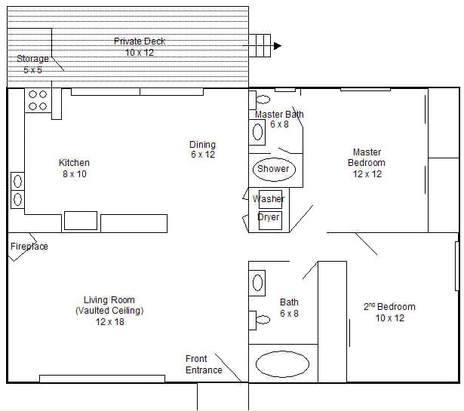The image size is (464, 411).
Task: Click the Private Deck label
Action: (140, 41)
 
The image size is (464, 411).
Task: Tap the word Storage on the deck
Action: (32, 59)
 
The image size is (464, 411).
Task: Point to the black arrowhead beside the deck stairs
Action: (278, 46)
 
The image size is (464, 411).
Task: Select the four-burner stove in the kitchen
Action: (38, 101)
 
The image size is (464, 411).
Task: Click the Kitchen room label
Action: (74, 163)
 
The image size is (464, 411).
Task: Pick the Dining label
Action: (202, 145)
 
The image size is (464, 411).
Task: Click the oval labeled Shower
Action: (273, 169)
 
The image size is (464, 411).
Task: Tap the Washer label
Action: (269, 199)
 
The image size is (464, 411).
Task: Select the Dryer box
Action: (269, 217)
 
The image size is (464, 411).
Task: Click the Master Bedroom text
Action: (366, 158)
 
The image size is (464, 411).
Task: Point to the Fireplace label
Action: (29, 247)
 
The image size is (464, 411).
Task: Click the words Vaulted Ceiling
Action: (109, 311)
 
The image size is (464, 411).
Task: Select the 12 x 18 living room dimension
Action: (109, 322)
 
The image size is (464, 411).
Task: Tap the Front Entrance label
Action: (204, 364)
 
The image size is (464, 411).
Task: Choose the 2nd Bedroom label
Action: (389, 307)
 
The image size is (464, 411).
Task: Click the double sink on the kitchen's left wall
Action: (17, 191)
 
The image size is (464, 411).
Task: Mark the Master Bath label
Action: (279, 115)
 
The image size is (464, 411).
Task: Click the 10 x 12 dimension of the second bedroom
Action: (389, 318)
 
